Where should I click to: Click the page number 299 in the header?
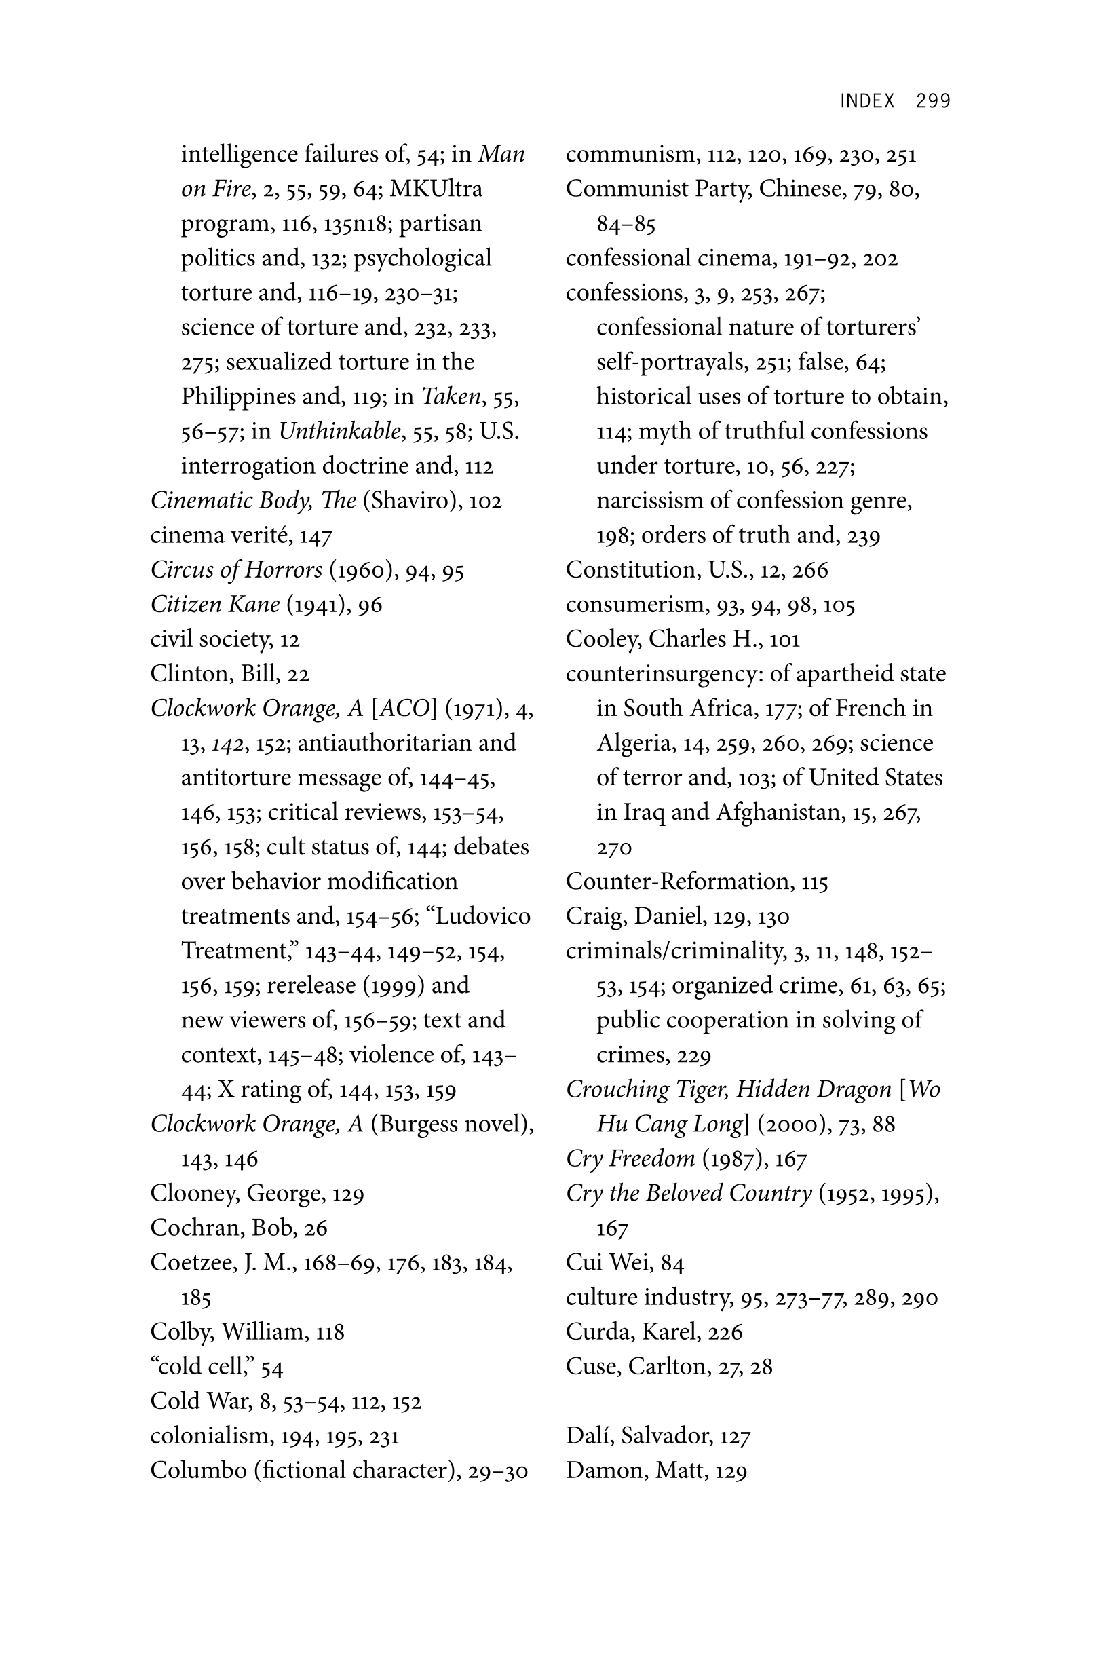point(933,101)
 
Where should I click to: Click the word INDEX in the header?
point(867,101)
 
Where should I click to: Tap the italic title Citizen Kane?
point(215,604)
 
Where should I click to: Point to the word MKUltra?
point(436,189)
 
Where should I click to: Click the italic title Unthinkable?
point(339,431)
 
